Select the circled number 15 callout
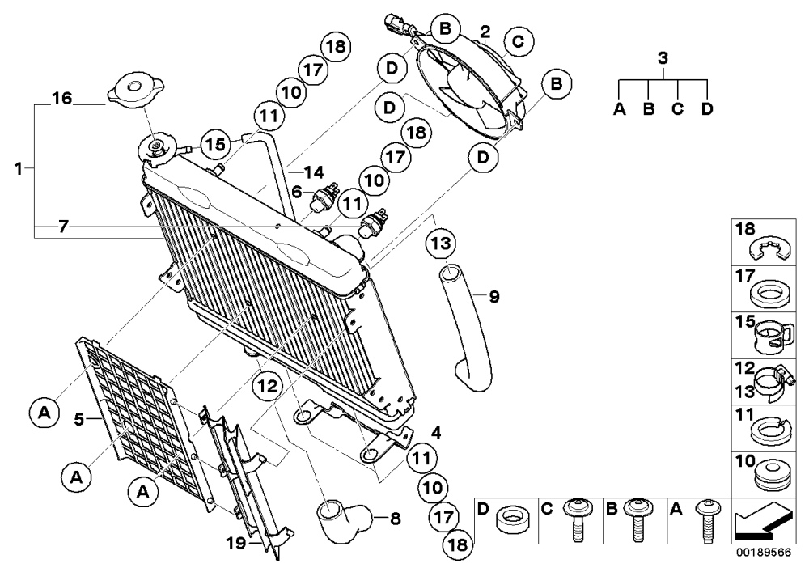215,145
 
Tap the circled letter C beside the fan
518,40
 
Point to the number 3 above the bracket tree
663,57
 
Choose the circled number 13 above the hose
442,243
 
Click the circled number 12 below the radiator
268,386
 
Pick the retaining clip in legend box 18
769,249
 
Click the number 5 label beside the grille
78,419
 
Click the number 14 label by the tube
313,172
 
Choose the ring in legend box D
513,521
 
